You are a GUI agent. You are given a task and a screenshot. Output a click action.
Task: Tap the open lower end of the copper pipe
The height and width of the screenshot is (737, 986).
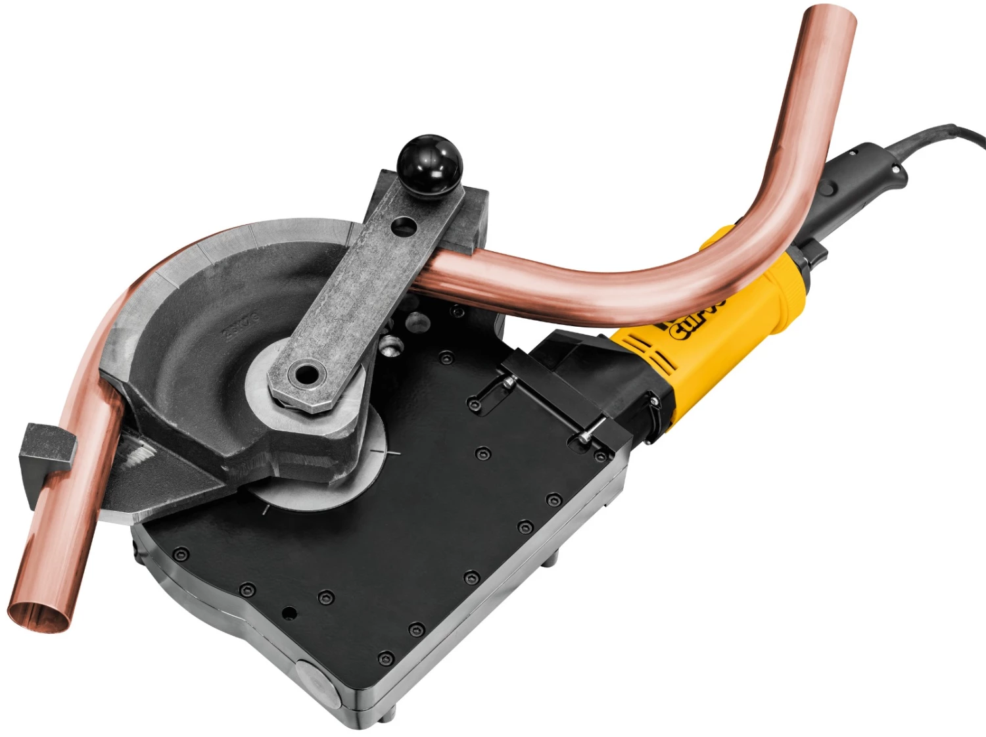click(x=39, y=609)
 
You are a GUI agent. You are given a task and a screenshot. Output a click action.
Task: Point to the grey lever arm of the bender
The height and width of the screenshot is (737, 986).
click(x=368, y=289)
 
